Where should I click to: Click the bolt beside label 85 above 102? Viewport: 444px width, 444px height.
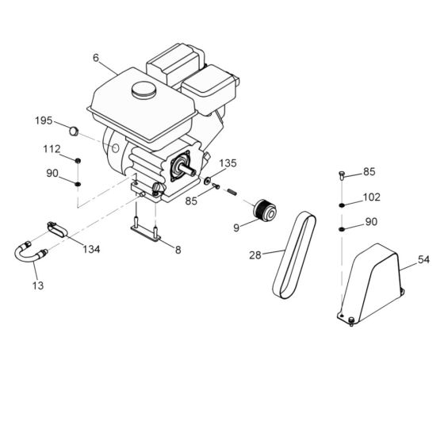tap(342, 174)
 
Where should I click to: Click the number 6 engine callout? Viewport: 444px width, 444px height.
tap(96, 57)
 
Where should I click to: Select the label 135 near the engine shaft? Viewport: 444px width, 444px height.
tap(227, 163)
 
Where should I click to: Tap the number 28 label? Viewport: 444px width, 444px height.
tap(255, 255)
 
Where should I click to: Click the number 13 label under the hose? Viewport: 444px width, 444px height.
tap(38, 284)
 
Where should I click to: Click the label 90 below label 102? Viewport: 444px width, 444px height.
tap(370, 223)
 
